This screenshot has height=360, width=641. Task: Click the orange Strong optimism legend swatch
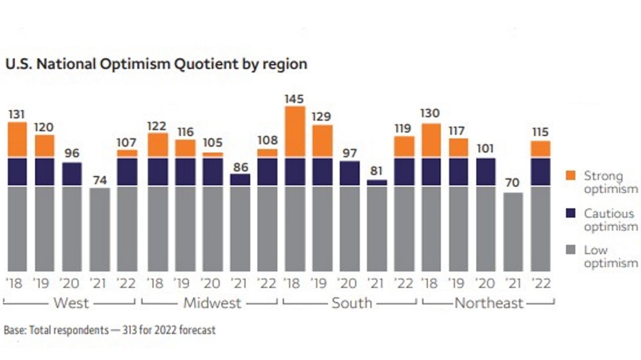click(570, 175)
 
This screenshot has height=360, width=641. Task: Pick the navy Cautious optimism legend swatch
click(570, 213)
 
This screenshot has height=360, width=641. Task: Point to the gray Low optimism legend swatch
click(570, 249)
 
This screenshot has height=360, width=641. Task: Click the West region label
click(71, 303)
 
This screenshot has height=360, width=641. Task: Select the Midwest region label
click(212, 303)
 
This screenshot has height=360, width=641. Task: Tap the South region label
click(352, 303)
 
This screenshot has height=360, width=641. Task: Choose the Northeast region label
click(489, 303)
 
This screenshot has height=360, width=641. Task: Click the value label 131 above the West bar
click(17, 115)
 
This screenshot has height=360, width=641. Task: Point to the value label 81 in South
click(377, 170)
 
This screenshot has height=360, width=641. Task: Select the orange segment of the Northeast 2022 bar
click(540, 149)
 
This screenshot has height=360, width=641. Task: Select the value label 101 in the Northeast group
click(486, 149)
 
